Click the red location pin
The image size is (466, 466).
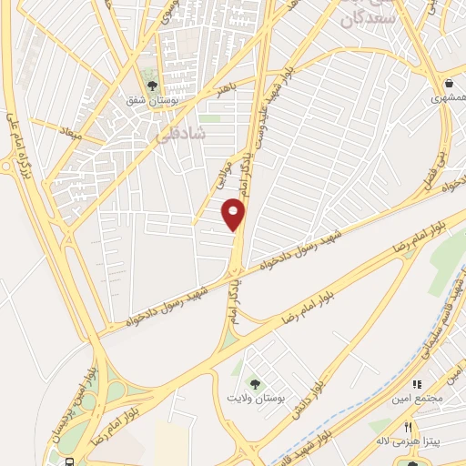click(234, 214)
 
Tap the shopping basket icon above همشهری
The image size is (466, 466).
click(448, 83)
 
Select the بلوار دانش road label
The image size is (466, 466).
click(309, 397)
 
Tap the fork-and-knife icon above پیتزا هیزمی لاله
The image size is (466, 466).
click(409, 426)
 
